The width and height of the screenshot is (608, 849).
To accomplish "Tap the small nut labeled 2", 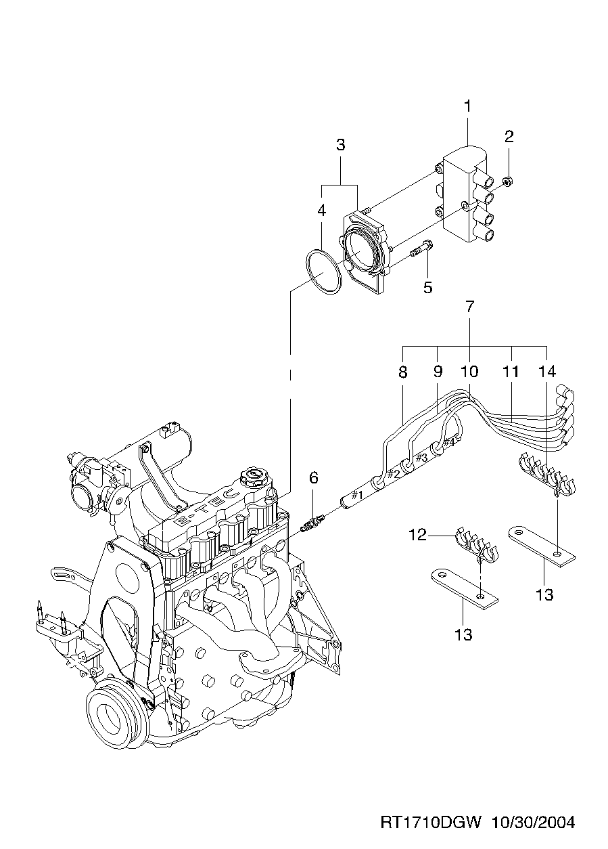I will click(x=511, y=181).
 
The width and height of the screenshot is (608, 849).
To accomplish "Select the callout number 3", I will click(x=340, y=144).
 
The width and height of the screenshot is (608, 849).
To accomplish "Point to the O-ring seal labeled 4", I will click(x=323, y=271).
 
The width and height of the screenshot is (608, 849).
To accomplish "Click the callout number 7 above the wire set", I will click(x=469, y=306).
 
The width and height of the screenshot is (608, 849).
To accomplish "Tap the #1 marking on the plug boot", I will click(x=358, y=496).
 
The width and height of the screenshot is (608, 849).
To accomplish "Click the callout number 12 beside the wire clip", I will click(x=417, y=535).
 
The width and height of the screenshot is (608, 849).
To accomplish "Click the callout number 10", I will click(x=469, y=371).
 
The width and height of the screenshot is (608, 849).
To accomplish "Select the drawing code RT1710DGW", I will click(x=431, y=823).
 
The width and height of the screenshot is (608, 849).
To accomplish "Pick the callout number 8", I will click(x=402, y=371).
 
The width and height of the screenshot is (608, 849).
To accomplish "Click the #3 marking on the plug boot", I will click(x=421, y=457).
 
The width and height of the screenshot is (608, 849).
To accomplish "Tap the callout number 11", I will click(x=511, y=371).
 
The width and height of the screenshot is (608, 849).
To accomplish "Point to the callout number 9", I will click(x=437, y=371).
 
